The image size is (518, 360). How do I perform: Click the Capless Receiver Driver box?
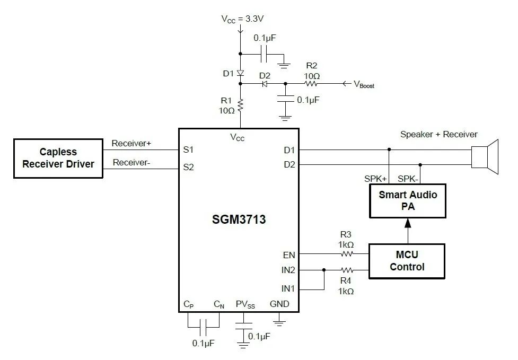click(x=58, y=158)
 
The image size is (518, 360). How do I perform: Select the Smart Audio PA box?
click(x=407, y=200)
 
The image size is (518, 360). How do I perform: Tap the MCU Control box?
click(x=407, y=261)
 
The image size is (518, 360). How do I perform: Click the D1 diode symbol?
click(x=240, y=73)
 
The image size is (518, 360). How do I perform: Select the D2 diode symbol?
click(x=265, y=84)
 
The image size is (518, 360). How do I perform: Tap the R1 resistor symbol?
click(x=240, y=106)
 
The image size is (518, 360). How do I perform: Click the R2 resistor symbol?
click(x=311, y=84)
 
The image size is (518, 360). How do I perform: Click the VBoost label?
click(x=364, y=84)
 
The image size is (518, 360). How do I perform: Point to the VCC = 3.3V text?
click(x=242, y=19)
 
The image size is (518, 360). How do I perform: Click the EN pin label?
click(x=289, y=255)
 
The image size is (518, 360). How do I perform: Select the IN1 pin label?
click(x=288, y=289)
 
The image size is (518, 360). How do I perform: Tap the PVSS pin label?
click(x=245, y=304)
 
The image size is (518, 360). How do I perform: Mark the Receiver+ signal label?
click(x=131, y=144)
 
